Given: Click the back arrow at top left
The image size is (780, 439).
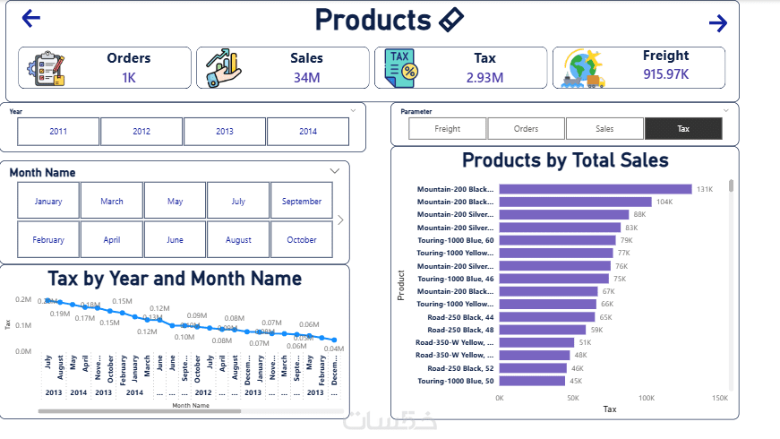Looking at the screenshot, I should point(31,18).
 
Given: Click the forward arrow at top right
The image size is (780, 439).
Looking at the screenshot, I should point(717,23).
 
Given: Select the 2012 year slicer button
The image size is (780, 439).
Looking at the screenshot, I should point(141,132).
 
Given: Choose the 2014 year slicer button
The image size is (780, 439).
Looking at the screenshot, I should point(308,132).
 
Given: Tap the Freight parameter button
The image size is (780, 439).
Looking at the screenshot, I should point(447,129).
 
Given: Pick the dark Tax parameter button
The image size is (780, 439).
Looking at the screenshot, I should point(683,129).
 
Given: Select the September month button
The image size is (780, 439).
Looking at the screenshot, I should point(302,202).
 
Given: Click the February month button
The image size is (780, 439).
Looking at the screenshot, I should point(48,240).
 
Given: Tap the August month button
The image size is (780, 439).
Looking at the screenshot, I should point(238,240).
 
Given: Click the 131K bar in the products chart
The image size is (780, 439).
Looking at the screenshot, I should point(596,189).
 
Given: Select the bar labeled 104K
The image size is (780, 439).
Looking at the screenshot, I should point(575,202).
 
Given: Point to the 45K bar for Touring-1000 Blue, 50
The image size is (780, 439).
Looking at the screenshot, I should point(532,381).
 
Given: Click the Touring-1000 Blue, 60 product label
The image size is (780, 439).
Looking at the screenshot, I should point(456,240).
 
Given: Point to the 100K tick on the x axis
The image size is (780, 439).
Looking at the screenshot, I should point(646,398).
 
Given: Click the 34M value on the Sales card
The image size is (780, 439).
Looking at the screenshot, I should point(306,78).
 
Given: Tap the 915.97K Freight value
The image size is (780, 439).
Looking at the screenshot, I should point(666,73).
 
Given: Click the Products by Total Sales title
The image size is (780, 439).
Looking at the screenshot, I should point(565,160).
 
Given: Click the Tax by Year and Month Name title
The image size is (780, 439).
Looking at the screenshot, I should point(175,279).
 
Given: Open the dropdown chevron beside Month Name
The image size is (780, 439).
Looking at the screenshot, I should point(335,170).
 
